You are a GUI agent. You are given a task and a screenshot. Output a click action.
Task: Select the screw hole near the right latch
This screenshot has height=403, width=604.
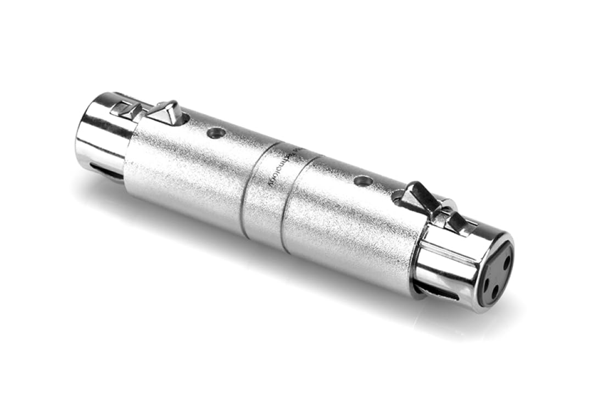tap(361, 180)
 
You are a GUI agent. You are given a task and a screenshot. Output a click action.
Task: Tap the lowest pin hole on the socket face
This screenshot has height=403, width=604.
tap(495, 292)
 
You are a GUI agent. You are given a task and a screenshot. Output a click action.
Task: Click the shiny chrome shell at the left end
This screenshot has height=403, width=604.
tap(99, 132)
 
